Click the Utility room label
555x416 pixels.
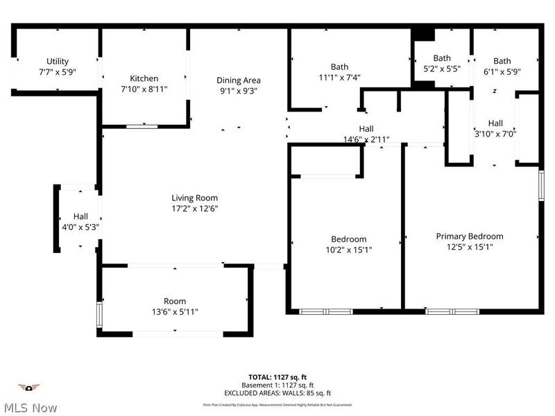point(58,61)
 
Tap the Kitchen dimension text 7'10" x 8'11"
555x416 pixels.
point(144,89)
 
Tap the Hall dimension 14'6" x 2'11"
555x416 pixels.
point(366,139)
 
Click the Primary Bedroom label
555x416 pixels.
point(470,236)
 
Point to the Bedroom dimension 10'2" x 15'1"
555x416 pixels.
point(348,250)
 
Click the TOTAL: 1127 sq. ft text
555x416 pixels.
point(277,377)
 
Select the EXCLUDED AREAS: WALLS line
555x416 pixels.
point(277,393)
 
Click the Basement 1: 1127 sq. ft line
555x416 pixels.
point(277,385)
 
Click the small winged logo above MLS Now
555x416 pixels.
point(28,387)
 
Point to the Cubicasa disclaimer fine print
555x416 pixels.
point(277,404)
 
